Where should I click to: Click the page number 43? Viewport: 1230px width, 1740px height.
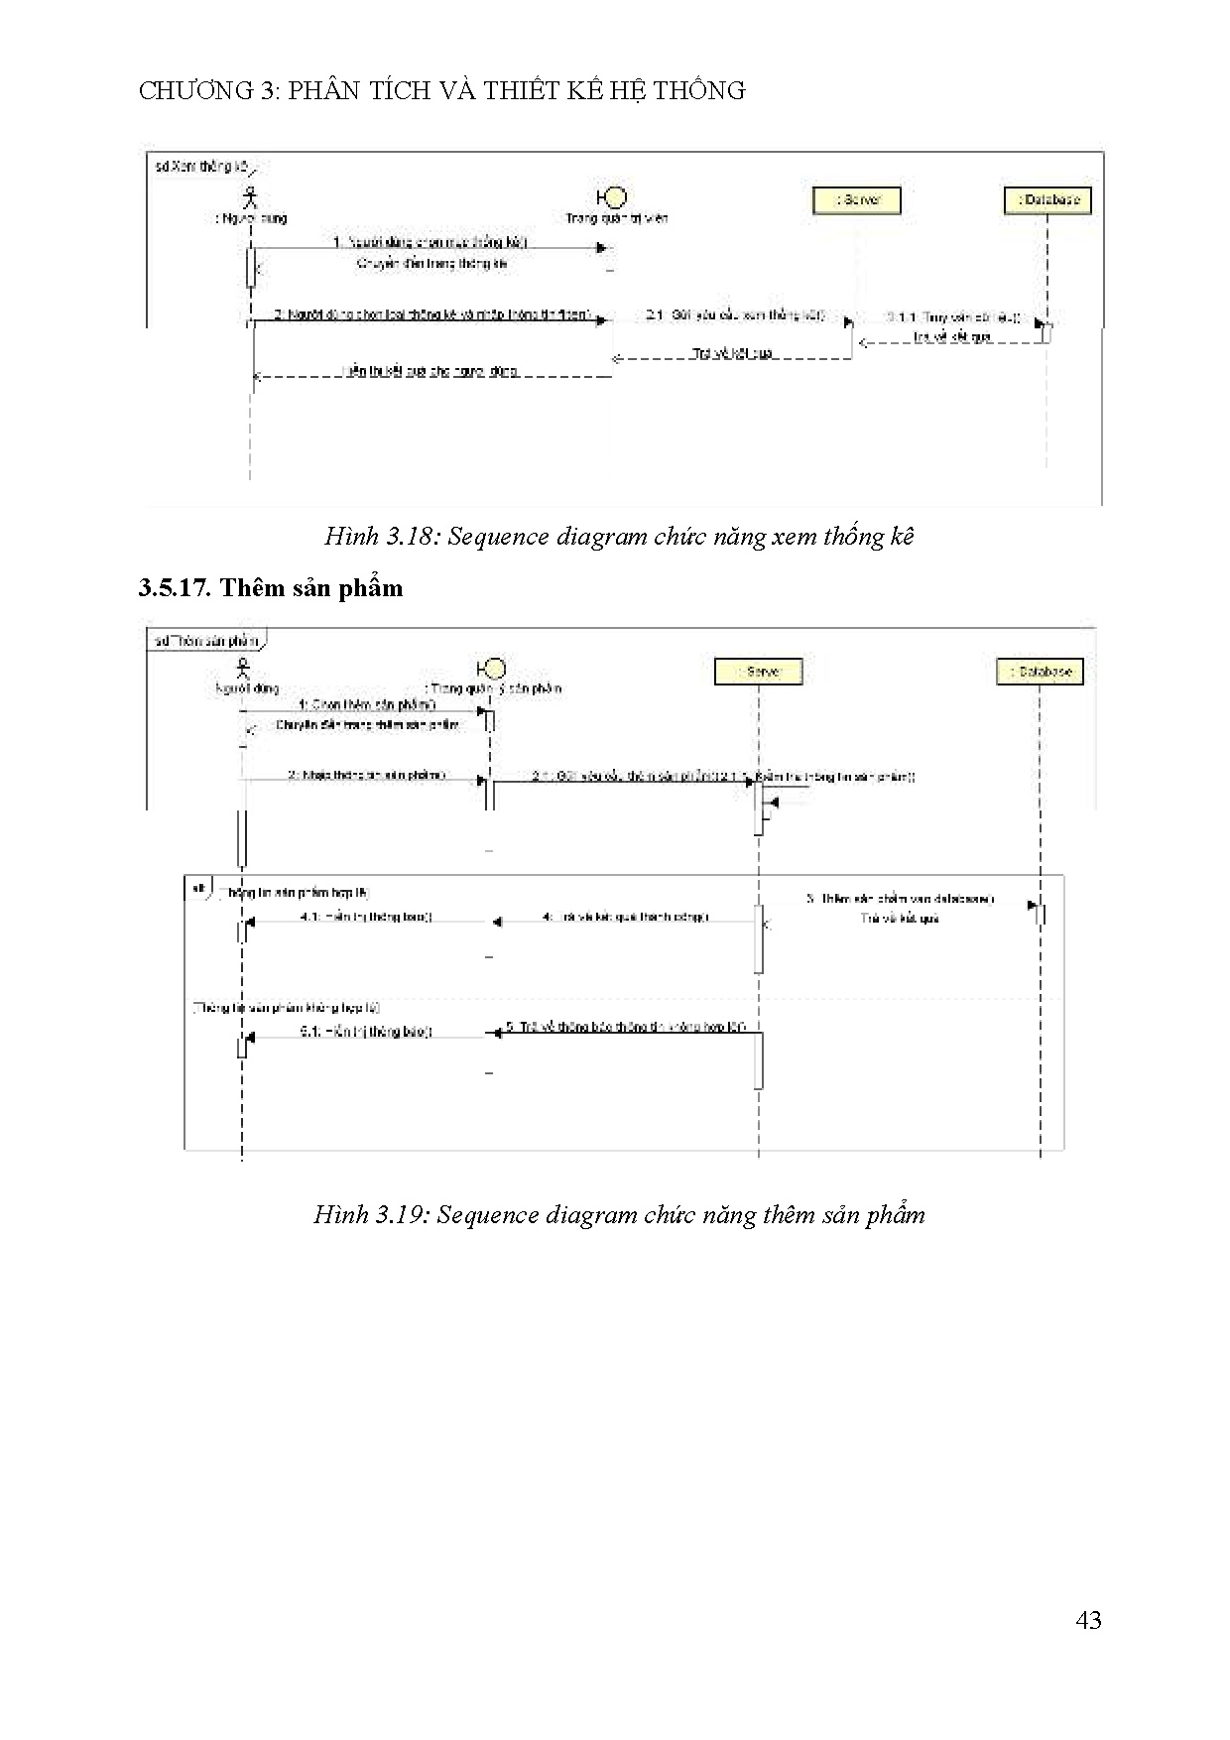click(x=1087, y=1620)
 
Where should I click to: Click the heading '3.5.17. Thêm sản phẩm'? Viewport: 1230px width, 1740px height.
click(x=271, y=588)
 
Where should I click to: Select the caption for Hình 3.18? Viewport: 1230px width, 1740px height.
click(x=619, y=537)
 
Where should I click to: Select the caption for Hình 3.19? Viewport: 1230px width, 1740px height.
click(x=619, y=1215)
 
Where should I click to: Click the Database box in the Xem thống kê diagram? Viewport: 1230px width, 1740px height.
click(x=1046, y=200)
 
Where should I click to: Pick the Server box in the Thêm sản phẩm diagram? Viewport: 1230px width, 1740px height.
click(x=758, y=672)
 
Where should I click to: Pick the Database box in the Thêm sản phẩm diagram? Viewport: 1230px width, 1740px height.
click(x=1040, y=672)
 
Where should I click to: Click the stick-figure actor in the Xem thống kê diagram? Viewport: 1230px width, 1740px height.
click(x=251, y=195)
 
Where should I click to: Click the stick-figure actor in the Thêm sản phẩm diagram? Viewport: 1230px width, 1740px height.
click(x=242, y=669)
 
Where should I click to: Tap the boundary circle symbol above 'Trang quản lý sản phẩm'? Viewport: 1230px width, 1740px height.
click(x=492, y=668)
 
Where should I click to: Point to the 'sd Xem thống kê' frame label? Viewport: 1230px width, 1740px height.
click(x=200, y=167)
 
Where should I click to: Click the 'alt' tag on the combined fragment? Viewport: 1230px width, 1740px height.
click(x=199, y=888)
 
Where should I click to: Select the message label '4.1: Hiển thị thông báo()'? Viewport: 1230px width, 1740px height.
click(x=366, y=918)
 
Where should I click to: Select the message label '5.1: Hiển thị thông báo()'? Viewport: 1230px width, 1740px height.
click(x=366, y=1032)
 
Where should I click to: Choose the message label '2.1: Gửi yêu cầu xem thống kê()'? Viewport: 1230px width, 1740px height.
click(x=734, y=315)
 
